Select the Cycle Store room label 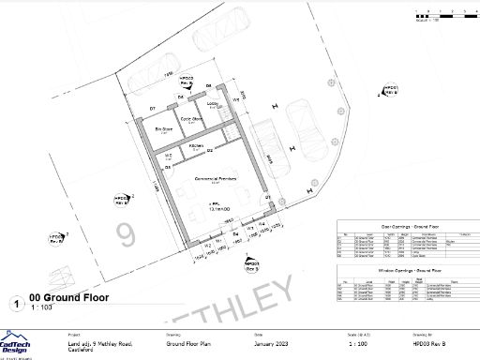tap(191, 119)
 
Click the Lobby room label tap(225, 104)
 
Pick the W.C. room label tap(169, 155)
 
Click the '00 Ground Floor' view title tap(68, 297)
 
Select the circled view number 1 tap(14, 303)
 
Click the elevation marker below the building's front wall tap(249, 265)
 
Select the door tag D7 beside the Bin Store tap(152, 109)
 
